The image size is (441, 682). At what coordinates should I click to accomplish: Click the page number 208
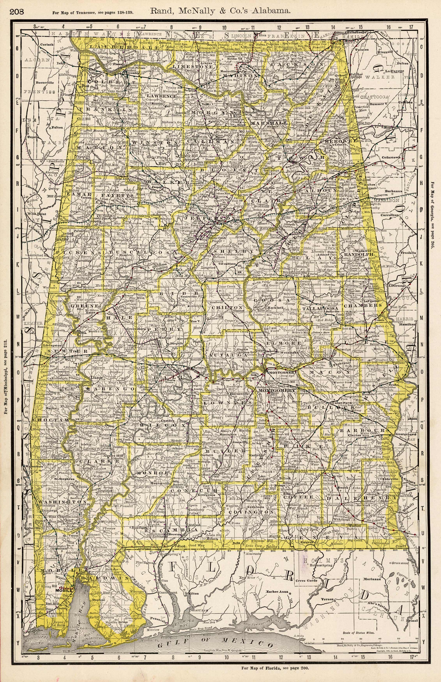click(x=17, y=12)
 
